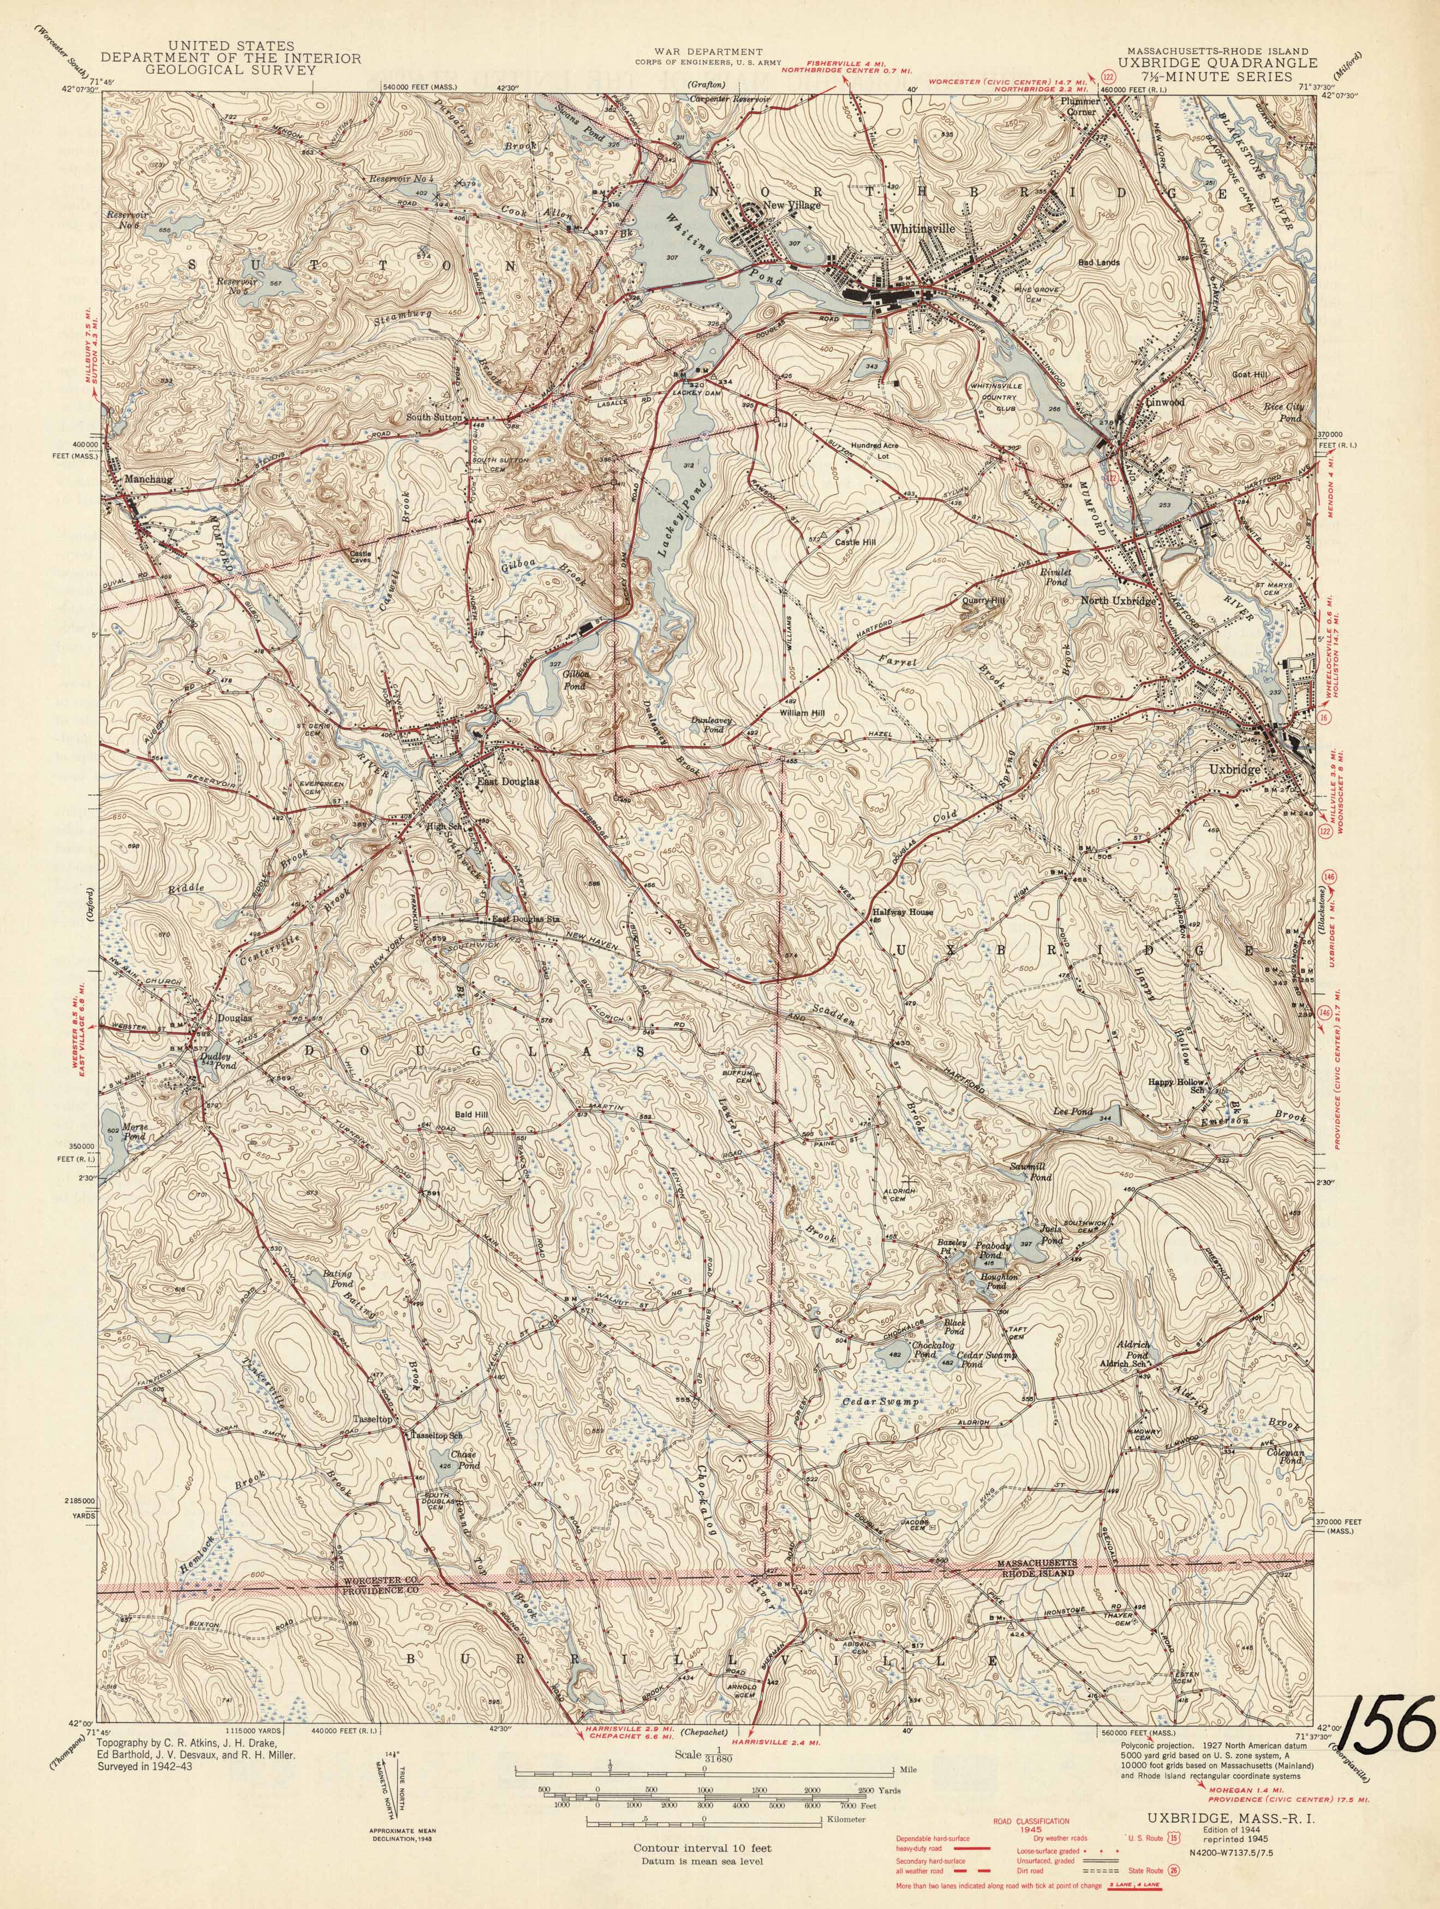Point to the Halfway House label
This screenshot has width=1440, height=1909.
pyautogui.click(x=904, y=911)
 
